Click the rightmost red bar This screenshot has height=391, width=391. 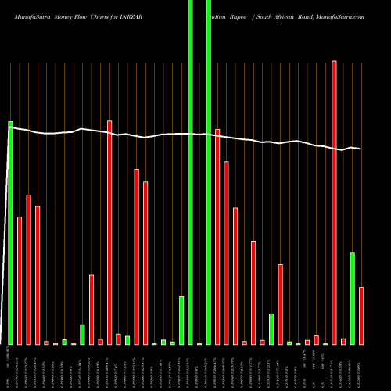pyautogui.click(x=361, y=315)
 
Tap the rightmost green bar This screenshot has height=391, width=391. pyautogui.click(x=352, y=298)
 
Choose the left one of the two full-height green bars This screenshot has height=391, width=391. pyautogui.click(x=190, y=172)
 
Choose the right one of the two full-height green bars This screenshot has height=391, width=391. pyautogui.click(x=208, y=172)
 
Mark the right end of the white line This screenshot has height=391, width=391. pyautogui.click(x=360, y=149)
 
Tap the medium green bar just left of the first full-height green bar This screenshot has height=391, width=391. pyautogui.click(x=181, y=320)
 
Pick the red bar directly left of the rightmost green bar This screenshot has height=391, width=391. pyautogui.click(x=343, y=341)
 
